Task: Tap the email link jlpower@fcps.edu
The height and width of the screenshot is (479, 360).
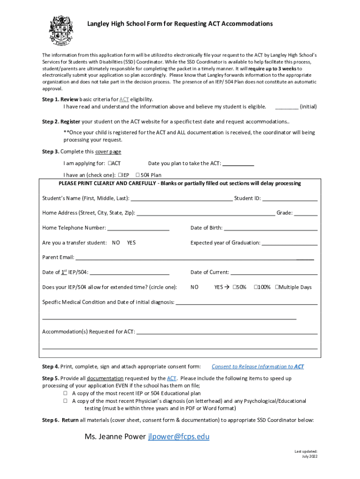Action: [x=179, y=437]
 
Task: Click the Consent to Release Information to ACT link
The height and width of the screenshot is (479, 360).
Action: [x=258, y=367]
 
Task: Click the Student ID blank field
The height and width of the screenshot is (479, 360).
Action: [x=290, y=199]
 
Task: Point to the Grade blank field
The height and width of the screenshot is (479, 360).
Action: [x=306, y=213]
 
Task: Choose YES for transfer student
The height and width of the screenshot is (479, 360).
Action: [x=131, y=243]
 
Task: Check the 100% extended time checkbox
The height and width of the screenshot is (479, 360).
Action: [x=256, y=287]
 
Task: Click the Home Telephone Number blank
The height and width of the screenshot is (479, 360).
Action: [x=138, y=229]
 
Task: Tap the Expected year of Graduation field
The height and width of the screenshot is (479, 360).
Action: [x=289, y=243]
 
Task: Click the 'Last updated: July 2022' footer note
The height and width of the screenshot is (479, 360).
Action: [x=306, y=454]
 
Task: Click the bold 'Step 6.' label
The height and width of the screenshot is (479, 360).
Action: [x=50, y=420]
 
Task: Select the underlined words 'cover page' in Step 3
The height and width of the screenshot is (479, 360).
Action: [x=108, y=152]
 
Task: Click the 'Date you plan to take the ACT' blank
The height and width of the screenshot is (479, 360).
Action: [x=238, y=164]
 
